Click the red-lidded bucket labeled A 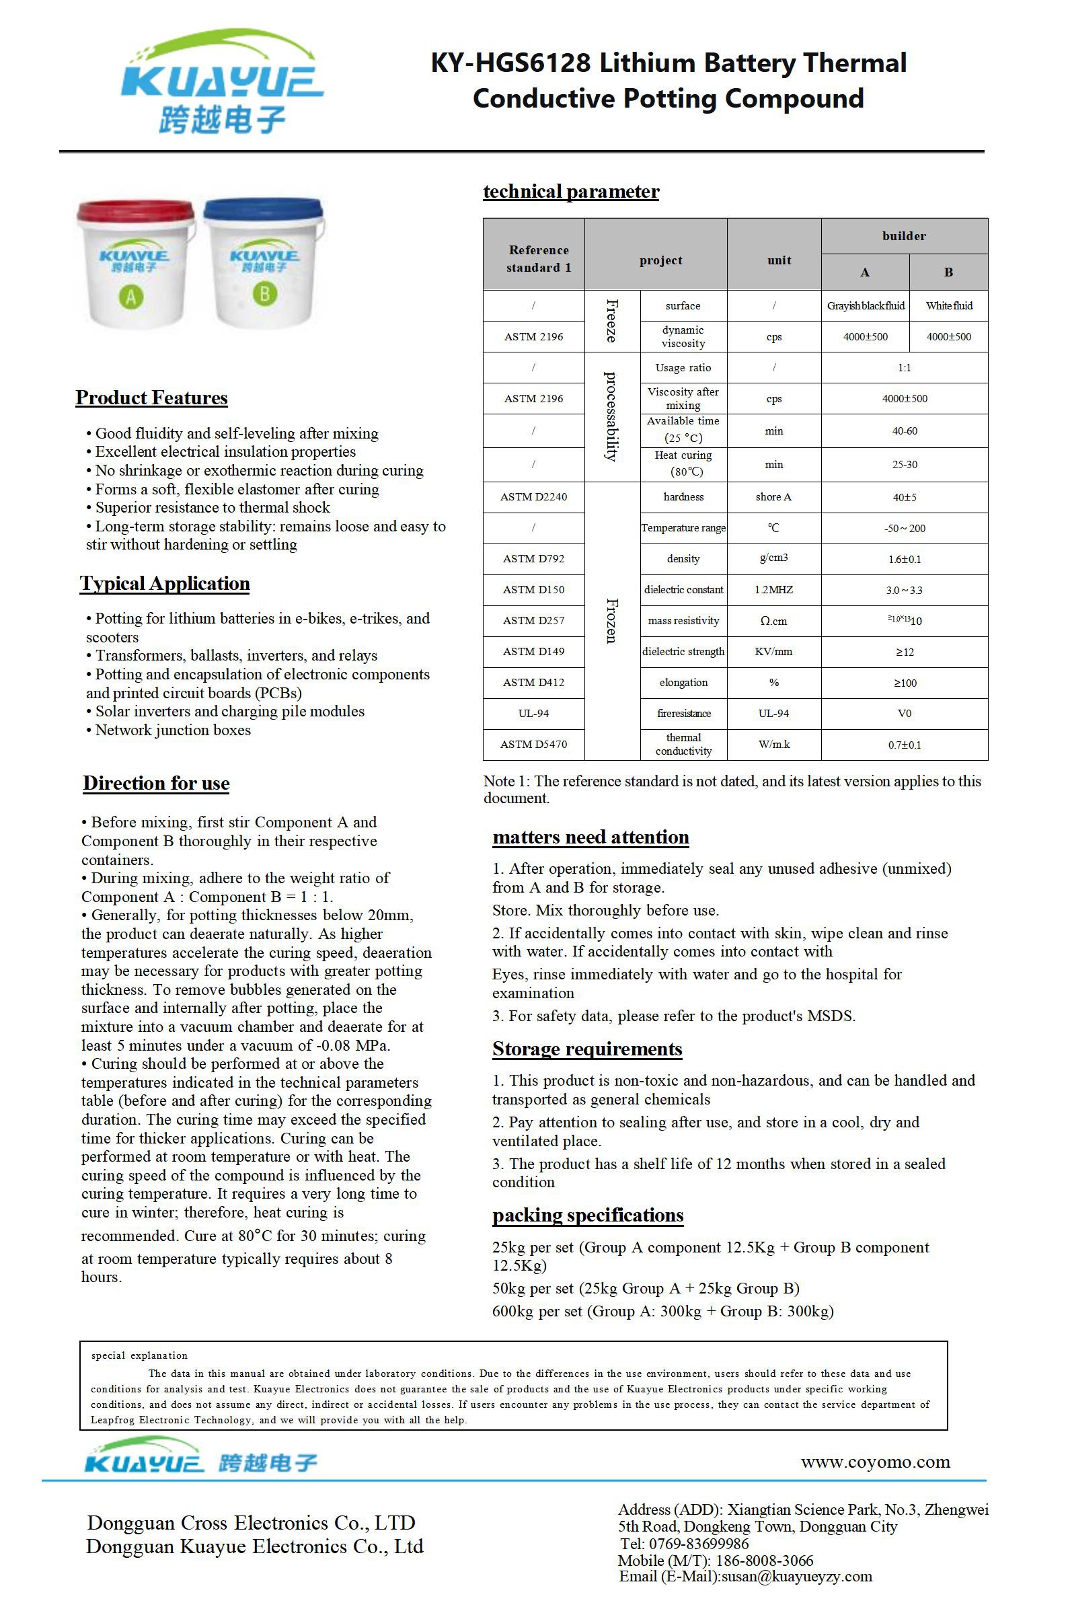(135, 266)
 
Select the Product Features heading (151, 398)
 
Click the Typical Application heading (165, 584)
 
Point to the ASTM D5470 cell (533, 745)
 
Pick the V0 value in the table (904, 714)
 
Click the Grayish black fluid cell (865, 306)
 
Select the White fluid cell (949, 306)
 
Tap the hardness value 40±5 (904, 497)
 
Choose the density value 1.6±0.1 (904, 559)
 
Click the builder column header (904, 236)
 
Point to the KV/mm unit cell (773, 652)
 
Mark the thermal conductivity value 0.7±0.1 (904, 745)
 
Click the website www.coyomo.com (875, 1462)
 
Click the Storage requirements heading (587, 1050)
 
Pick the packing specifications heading (588, 1216)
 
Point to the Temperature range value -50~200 (904, 529)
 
